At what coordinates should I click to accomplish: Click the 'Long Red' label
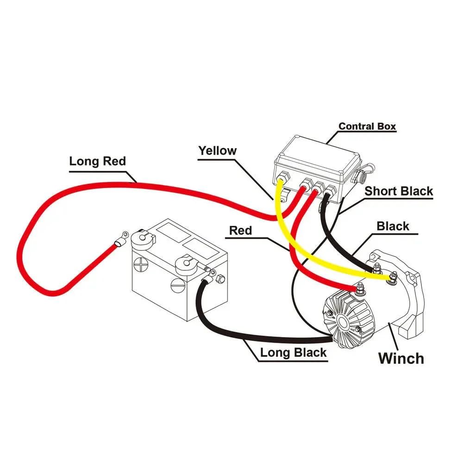(x=97, y=162)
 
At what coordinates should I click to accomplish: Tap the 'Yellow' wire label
(x=217, y=150)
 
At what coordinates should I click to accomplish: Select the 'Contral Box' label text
(x=367, y=126)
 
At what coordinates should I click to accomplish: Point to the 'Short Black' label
(x=399, y=191)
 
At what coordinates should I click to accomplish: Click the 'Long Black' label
(x=293, y=352)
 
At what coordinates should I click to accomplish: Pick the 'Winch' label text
(x=401, y=358)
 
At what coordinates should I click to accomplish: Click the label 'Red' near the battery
(x=240, y=230)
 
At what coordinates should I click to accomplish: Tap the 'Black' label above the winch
(x=393, y=226)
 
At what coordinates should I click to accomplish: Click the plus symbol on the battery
(x=141, y=265)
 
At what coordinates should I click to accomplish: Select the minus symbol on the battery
(x=178, y=285)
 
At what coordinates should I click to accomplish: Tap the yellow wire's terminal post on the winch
(x=393, y=278)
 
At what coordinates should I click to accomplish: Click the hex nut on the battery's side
(x=220, y=279)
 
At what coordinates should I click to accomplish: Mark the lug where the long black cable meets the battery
(x=206, y=275)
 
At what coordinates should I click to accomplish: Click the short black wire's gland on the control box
(x=330, y=190)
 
